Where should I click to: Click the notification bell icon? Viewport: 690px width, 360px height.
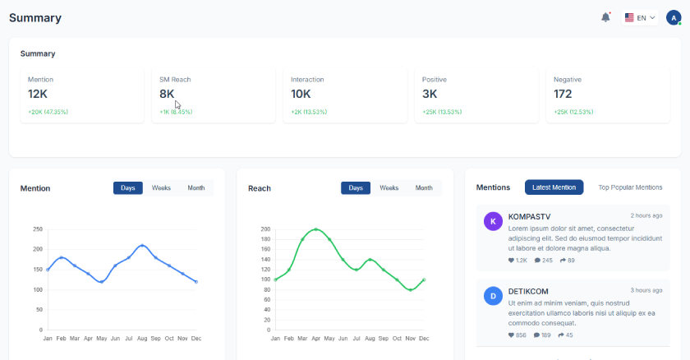(605, 17)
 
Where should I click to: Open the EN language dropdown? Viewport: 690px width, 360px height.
(641, 17)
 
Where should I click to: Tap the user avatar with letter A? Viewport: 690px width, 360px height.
(674, 17)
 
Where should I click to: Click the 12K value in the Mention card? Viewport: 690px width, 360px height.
(38, 94)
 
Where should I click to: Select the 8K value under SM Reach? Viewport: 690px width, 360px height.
(167, 94)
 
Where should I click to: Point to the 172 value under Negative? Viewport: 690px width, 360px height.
(563, 94)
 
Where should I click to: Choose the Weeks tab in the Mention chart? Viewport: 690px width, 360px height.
(161, 188)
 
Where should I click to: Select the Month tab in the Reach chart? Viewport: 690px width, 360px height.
(424, 188)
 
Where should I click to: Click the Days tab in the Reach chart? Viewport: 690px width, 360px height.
(356, 188)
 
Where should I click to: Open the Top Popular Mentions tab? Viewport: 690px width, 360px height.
(630, 187)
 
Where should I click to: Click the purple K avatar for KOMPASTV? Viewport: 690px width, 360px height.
(493, 221)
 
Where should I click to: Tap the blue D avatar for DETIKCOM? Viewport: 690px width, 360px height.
(493, 296)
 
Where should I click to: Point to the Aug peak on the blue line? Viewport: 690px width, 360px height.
(142, 245)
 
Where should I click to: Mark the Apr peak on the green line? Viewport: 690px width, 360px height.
(316, 229)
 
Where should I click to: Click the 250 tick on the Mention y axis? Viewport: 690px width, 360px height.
(38, 228)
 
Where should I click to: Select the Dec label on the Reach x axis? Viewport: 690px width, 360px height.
(424, 339)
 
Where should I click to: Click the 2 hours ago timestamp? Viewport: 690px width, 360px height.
(646, 215)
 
